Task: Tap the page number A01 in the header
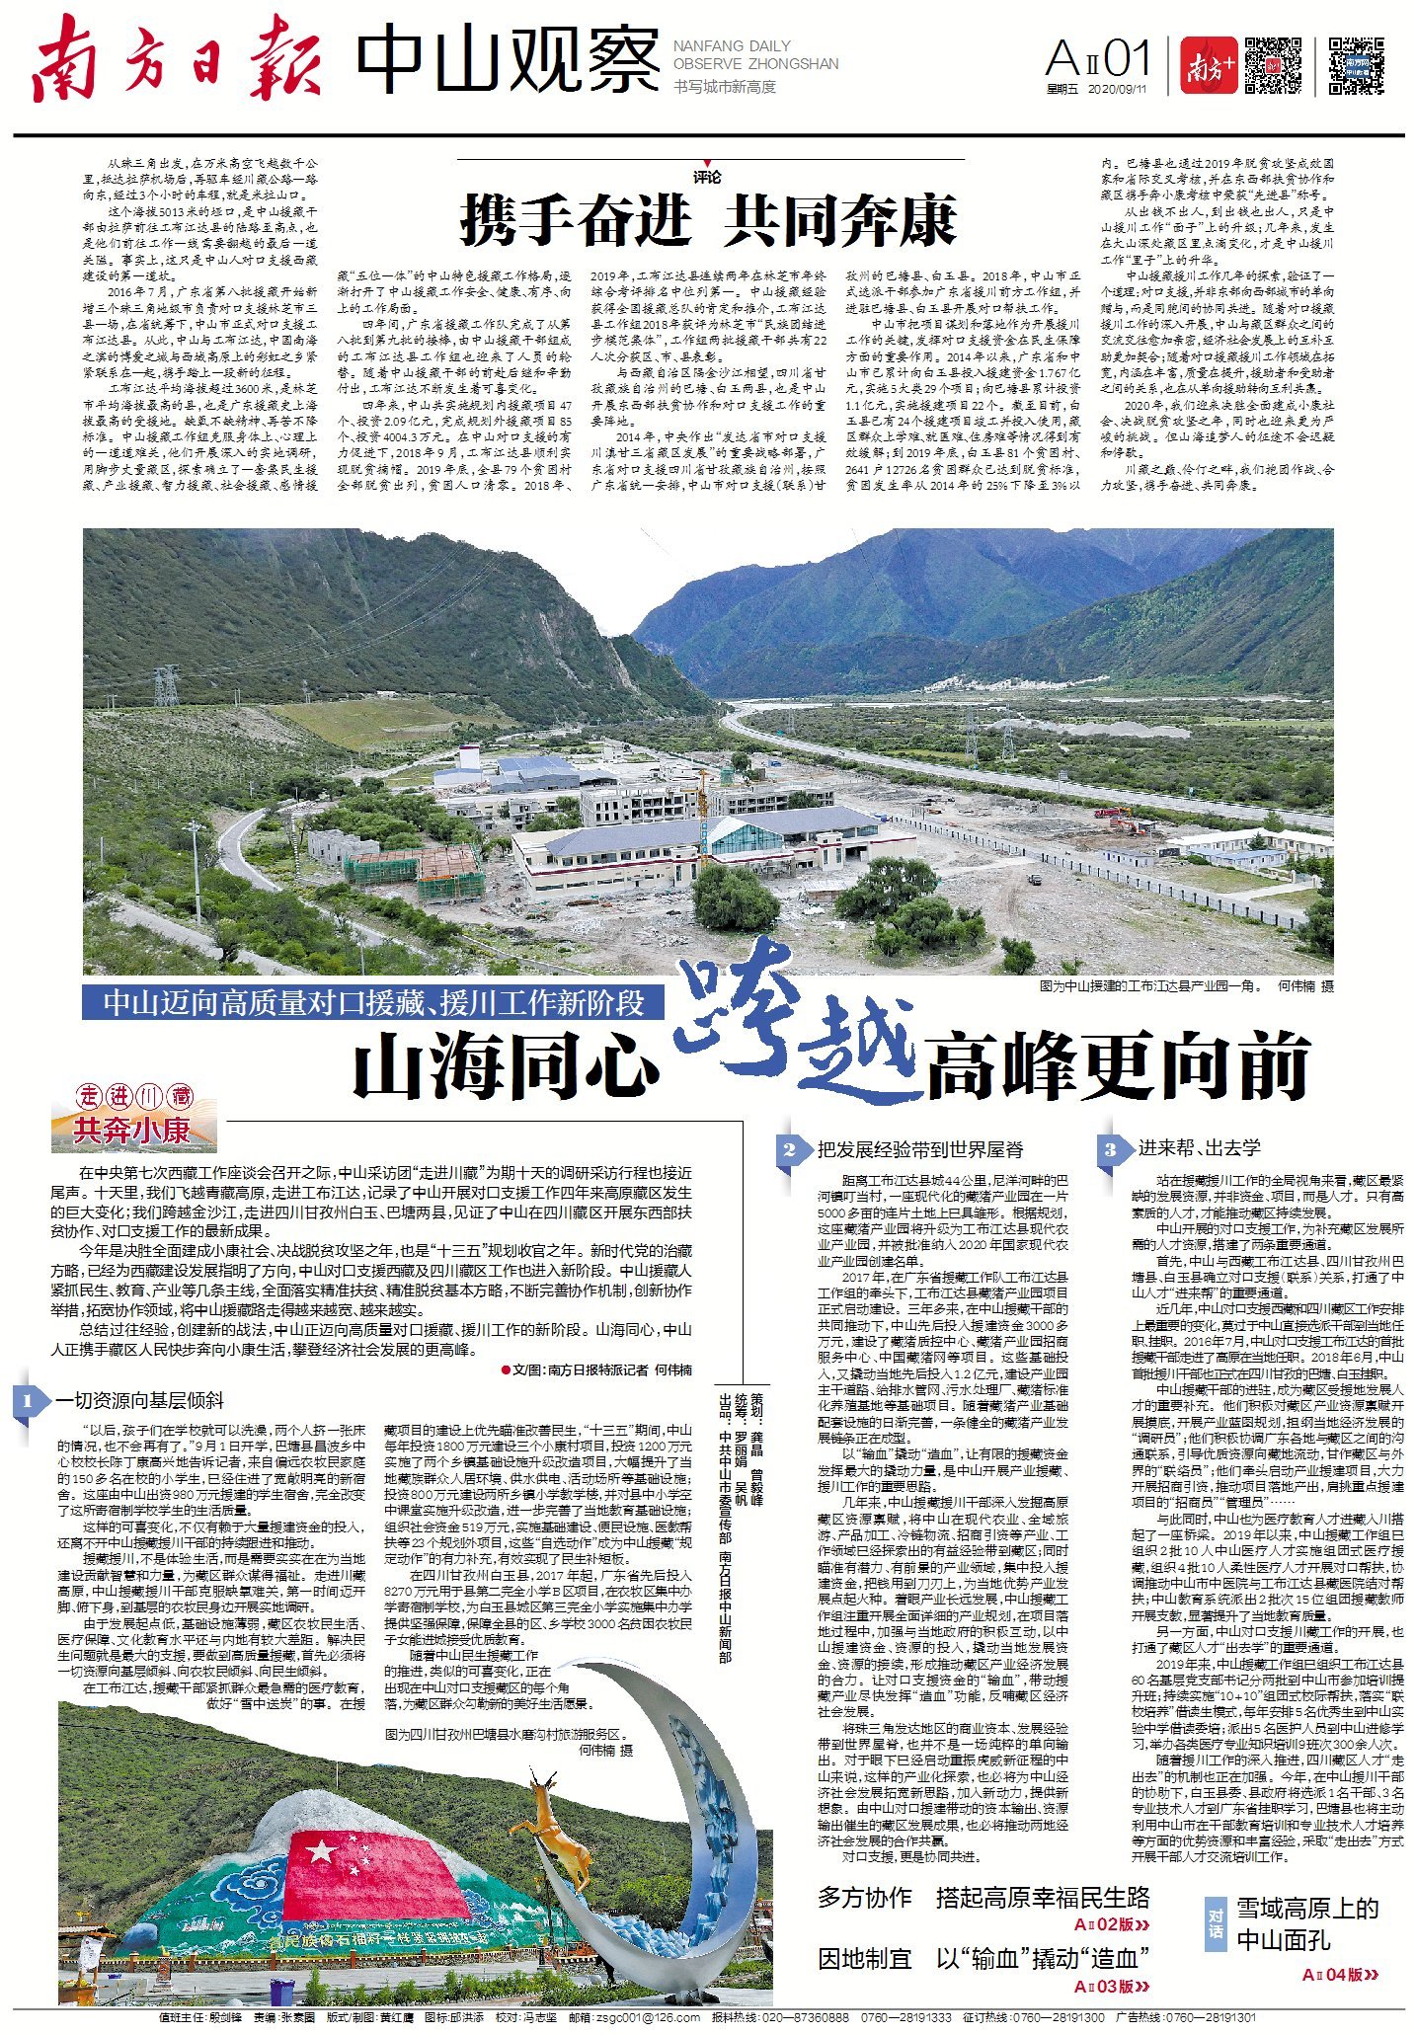click(1097, 61)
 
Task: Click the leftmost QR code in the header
click(1272, 65)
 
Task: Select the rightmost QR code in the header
click(1356, 65)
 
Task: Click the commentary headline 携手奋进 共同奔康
click(709, 220)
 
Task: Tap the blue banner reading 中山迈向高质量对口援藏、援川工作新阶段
click(373, 1003)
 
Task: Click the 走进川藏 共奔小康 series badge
click(134, 1117)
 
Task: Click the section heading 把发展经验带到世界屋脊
click(919, 1149)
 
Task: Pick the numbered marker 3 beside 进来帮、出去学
click(1111, 1149)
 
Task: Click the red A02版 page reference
click(1111, 1924)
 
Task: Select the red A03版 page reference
click(1111, 1987)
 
